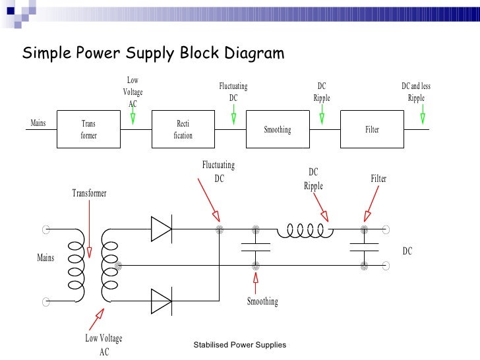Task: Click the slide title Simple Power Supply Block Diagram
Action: (153, 53)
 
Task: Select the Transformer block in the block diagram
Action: (88, 129)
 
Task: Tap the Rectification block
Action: (183, 129)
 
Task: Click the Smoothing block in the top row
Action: (277, 129)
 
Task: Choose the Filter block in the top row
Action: (372, 129)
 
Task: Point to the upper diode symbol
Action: (161, 229)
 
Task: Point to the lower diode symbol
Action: (161, 301)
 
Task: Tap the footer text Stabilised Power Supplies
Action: (240, 345)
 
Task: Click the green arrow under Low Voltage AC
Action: (133, 117)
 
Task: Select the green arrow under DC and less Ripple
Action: (422, 117)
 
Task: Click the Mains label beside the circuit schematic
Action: (45, 257)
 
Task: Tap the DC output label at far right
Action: (407, 251)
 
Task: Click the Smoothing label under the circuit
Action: (262, 301)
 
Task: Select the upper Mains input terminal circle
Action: (46, 230)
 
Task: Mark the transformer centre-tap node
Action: (119, 266)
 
